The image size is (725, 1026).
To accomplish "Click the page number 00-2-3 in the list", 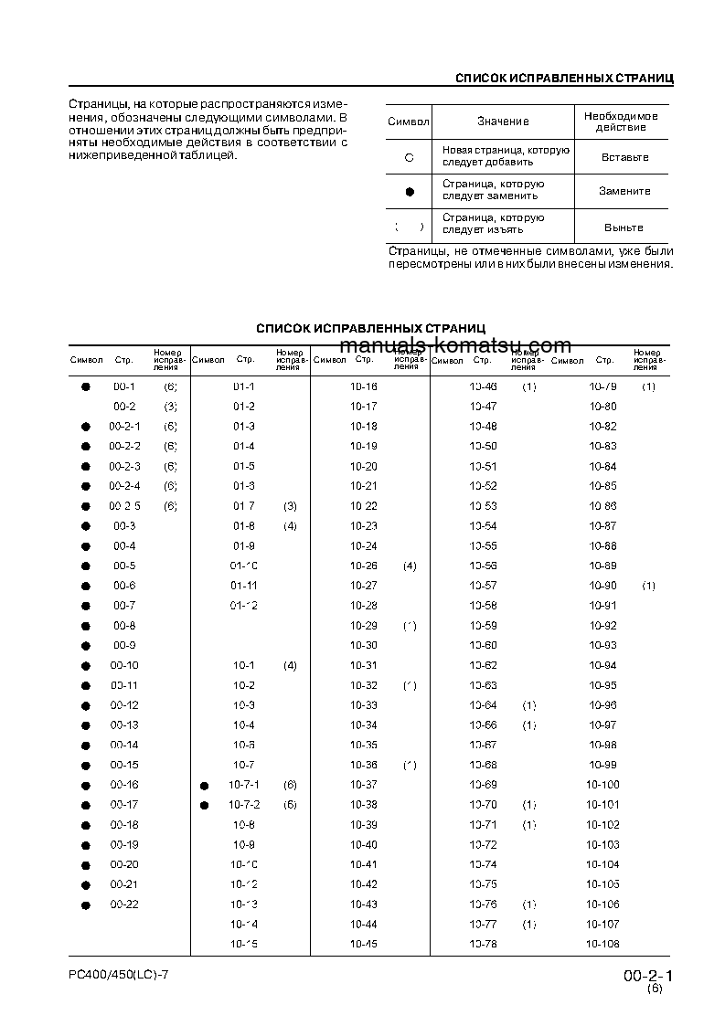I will (124, 466).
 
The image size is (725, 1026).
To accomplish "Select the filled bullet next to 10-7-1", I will (205, 786).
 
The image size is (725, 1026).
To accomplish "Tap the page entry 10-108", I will (602, 945).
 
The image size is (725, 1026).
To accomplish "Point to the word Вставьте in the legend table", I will (624, 157).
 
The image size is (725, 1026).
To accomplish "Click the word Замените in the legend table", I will (624, 191).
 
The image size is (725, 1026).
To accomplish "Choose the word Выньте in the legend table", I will (624, 227).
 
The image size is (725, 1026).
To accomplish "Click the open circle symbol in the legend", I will (410, 157).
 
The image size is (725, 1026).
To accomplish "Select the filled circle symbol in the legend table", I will (410, 192).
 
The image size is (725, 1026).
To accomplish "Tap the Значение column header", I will (502, 122).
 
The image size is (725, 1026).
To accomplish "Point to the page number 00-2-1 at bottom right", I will (646, 977).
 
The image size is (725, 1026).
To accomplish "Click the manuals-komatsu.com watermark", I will (454, 345).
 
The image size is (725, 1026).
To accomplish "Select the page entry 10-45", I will (364, 945).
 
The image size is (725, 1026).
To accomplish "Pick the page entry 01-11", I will (243, 586).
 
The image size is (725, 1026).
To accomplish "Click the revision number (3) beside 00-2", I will (170, 407).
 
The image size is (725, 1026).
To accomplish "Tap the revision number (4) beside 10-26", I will (410, 566).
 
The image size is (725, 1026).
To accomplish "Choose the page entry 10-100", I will (602, 786).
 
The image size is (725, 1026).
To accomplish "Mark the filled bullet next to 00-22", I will (86, 905).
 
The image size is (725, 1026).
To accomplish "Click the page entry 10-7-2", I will (244, 805).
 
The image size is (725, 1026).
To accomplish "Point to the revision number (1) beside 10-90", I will (648, 586).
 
